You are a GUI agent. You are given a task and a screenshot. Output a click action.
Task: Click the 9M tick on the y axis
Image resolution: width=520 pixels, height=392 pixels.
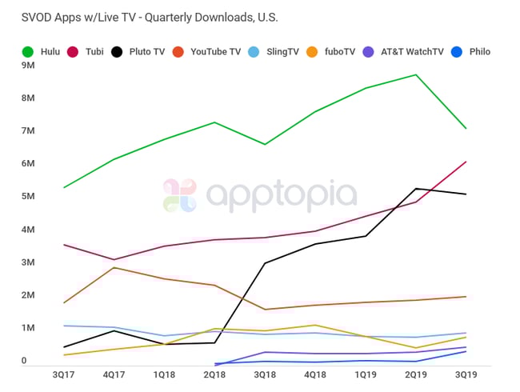29,66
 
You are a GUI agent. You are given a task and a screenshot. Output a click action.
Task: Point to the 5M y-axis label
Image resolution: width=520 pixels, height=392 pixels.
29,197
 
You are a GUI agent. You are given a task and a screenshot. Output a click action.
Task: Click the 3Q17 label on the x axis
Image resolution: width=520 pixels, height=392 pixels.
64,374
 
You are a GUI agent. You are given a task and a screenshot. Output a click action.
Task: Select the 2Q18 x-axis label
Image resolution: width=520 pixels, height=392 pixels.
214,374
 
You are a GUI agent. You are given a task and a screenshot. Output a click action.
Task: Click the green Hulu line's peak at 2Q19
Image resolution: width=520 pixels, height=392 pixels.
415,74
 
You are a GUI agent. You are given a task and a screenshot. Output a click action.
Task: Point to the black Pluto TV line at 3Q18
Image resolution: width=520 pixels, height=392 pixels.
265,263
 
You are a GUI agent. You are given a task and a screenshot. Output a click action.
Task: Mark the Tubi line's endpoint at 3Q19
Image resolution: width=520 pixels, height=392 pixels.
466,162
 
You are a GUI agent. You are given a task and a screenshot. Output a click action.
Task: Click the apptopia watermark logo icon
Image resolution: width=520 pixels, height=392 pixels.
179,196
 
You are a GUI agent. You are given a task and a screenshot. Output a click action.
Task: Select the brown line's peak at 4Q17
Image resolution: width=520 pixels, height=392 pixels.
114,267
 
